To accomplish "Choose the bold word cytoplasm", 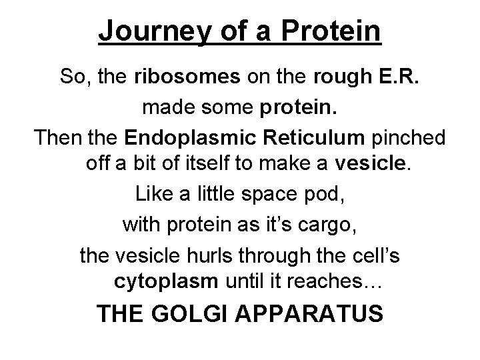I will click(x=167, y=282).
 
